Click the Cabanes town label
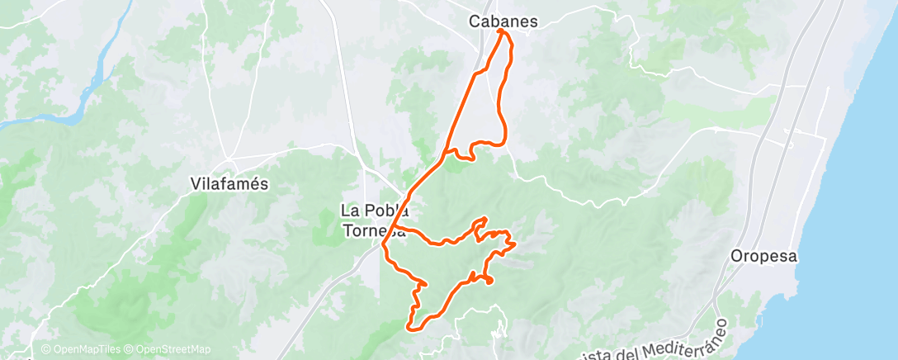point(503,21)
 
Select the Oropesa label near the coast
point(764,256)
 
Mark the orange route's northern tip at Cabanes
point(501,31)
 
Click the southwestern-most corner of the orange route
point(409,328)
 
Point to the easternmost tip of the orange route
point(515,244)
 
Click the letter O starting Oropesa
point(736,256)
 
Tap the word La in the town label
point(350,210)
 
